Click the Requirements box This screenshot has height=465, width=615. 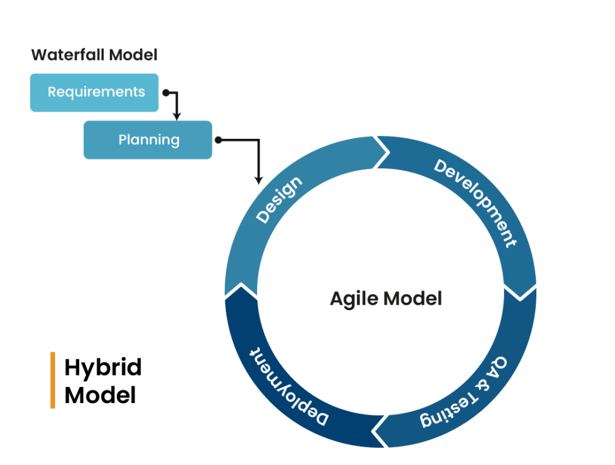(x=94, y=93)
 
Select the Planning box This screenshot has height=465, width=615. (x=148, y=140)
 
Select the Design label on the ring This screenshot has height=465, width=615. (x=279, y=201)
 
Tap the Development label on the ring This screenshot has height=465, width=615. (x=475, y=203)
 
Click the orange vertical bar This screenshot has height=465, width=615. (x=53, y=380)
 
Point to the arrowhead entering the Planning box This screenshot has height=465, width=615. (x=177, y=115)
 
